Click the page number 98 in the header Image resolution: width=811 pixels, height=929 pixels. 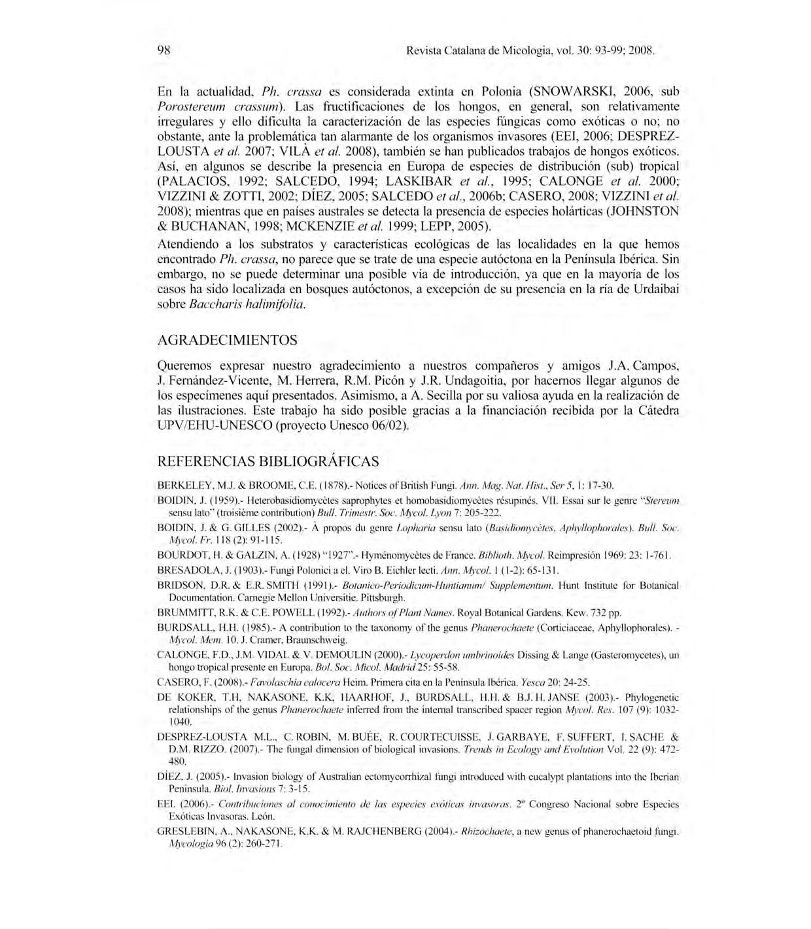[x=163, y=50]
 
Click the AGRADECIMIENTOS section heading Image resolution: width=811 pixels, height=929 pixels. [x=227, y=340]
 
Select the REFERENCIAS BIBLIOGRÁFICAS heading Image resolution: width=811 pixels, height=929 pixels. [x=268, y=461]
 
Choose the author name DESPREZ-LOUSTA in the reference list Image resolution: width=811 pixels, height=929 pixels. [x=202, y=737]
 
